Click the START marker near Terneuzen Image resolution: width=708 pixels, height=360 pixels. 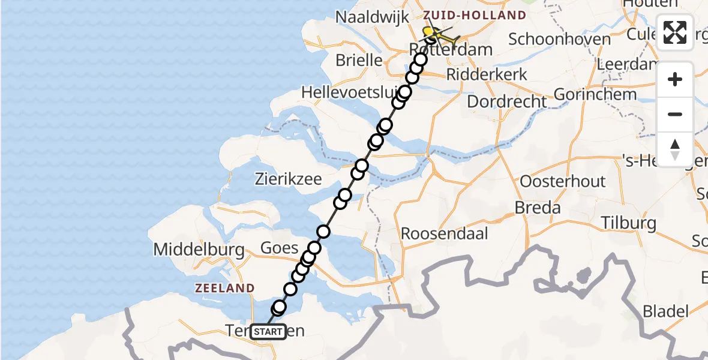click(268, 331)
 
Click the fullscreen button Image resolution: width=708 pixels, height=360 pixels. click(675, 32)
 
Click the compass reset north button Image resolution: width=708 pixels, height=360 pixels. click(675, 149)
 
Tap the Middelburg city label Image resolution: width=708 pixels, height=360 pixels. click(199, 250)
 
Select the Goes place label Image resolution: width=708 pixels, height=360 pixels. click(279, 248)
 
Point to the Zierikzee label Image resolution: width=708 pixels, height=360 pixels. click(288, 179)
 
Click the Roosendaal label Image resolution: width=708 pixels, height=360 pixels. click(445, 233)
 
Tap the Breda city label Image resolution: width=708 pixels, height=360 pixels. click(538, 208)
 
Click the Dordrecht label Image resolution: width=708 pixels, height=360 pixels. click(506, 101)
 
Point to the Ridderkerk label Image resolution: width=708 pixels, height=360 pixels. click(487, 74)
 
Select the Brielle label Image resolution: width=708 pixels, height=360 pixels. click(359, 60)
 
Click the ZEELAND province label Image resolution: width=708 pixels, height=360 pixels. click(224, 289)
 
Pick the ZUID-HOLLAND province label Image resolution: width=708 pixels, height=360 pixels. click(475, 15)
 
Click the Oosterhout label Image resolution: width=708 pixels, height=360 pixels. click(563, 181)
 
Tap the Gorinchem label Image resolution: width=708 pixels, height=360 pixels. click(587, 94)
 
